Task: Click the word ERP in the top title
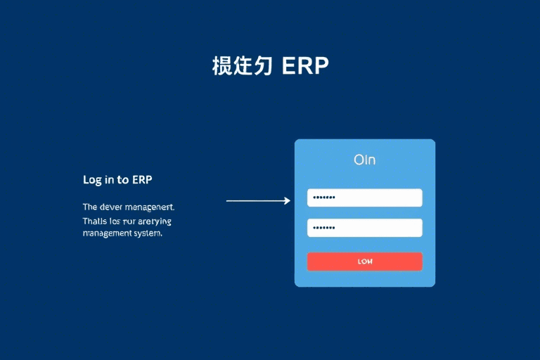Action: [305, 65]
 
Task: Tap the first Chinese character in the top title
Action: [223, 65]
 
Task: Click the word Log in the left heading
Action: [92, 179]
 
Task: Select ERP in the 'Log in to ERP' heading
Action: [142, 179]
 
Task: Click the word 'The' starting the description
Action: [90, 207]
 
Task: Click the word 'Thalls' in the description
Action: [94, 221]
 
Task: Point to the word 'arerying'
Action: [154, 221]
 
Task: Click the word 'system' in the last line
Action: [146, 233]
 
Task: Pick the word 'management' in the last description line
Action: [105, 233]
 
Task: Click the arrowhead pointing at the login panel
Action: [287, 201]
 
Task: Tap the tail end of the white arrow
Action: [228, 201]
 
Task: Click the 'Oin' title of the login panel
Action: [364, 160]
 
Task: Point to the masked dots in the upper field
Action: [324, 198]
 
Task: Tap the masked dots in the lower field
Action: [324, 228]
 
